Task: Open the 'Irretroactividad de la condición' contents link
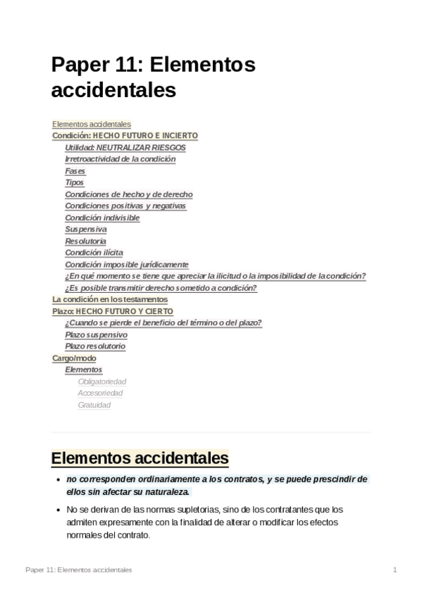pyautogui.click(x=120, y=159)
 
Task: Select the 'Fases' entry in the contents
pyautogui.click(x=75, y=171)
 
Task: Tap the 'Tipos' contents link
pyautogui.click(x=74, y=183)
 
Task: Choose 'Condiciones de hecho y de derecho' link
pyautogui.click(x=128, y=194)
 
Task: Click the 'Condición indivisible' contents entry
pyautogui.click(x=102, y=218)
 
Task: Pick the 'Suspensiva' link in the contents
pyautogui.click(x=86, y=230)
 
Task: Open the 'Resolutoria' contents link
pyautogui.click(x=85, y=241)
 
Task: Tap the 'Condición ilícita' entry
pyautogui.click(x=94, y=253)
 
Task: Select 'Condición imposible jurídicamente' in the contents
pyautogui.click(x=127, y=265)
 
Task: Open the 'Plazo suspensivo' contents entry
pyautogui.click(x=96, y=334)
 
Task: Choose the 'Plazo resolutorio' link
pyautogui.click(x=95, y=346)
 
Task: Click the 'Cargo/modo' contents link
pyautogui.click(x=74, y=358)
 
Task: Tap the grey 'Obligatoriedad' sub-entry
pyautogui.click(x=101, y=382)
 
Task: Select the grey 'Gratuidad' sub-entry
pyautogui.click(x=94, y=405)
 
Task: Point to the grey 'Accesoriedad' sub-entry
pyautogui.click(x=100, y=393)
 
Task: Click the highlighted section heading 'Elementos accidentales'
pyautogui.click(x=139, y=459)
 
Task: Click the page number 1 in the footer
pyautogui.click(x=395, y=570)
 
